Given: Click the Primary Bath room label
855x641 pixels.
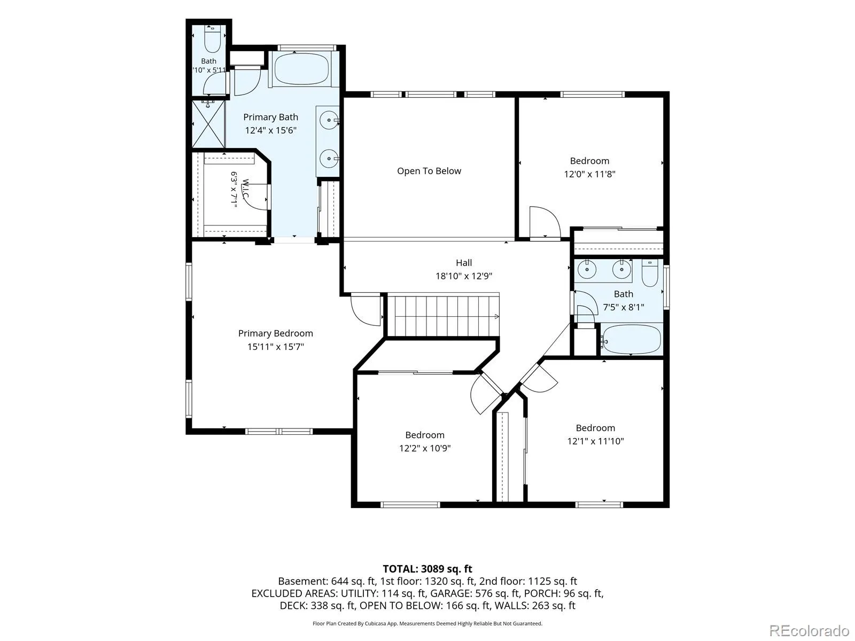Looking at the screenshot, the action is pos(271,117).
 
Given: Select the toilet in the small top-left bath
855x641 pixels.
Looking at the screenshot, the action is pos(212,40).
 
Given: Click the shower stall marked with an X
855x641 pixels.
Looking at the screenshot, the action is pos(209,124).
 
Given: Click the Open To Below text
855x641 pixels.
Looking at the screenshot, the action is pos(429,171).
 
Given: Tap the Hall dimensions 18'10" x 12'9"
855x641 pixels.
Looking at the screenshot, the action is pos(463,276).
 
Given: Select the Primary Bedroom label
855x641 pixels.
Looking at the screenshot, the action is pos(275,333).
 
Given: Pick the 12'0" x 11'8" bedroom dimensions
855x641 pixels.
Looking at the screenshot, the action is pos(589,174).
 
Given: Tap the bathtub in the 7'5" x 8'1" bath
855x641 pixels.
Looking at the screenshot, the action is pos(631,339).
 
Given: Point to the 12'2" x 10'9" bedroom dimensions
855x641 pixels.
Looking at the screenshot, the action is pos(425,448).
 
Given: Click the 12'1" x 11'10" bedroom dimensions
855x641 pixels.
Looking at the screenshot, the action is pos(595,441).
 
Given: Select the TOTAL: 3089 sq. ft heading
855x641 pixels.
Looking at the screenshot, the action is pos(428,569).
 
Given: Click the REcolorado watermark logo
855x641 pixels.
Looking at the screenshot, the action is pos(810,630).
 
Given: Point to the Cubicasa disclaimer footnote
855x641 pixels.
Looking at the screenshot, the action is pos(428,623).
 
